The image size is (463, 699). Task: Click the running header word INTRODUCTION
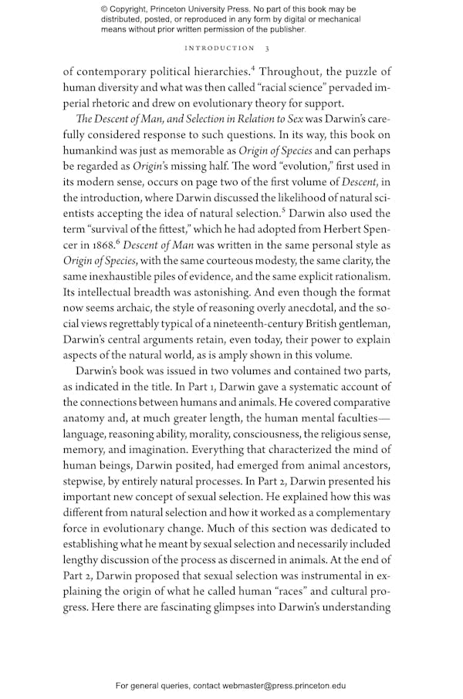212,49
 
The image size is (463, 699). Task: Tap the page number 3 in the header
267,49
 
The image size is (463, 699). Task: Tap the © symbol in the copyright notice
105,9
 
